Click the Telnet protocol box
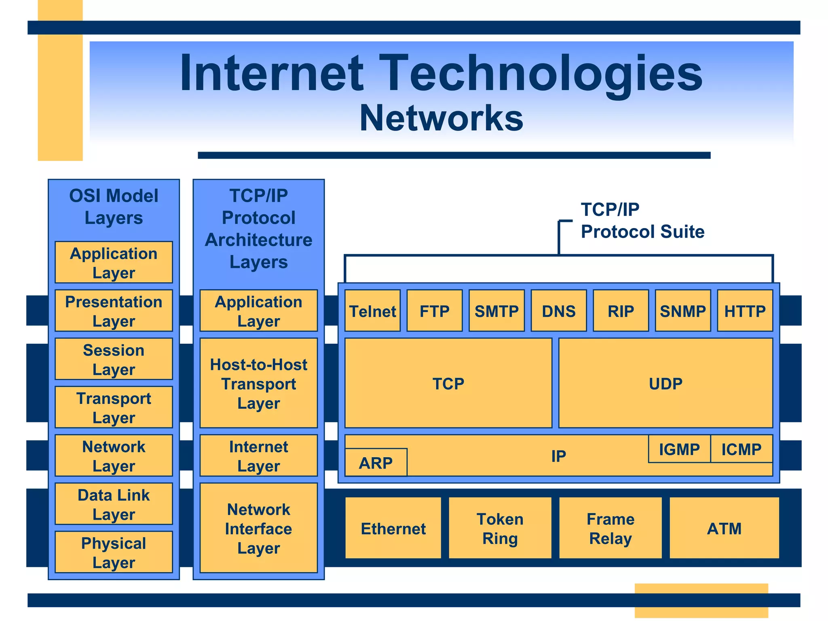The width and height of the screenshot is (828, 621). pyautogui.click(x=372, y=310)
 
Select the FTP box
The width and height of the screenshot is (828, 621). pyautogui.click(x=434, y=310)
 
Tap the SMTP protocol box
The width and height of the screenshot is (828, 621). pyautogui.click(x=496, y=310)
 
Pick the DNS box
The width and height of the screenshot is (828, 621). pyautogui.click(x=558, y=310)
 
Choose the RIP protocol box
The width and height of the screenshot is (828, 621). pyautogui.click(x=621, y=310)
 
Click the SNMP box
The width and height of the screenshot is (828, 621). pyautogui.click(x=682, y=310)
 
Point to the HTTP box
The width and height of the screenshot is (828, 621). pyautogui.click(x=745, y=310)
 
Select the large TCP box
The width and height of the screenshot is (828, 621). pyautogui.click(x=448, y=383)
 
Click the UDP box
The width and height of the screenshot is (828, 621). pyautogui.click(x=665, y=383)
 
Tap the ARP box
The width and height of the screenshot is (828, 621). pyautogui.click(x=376, y=463)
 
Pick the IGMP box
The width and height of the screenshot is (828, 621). pyautogui.click(x=679, y=449)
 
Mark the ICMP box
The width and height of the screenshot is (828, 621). pyautogui.click(x=741, y=449)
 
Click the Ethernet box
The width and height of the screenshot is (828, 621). pyautogui.click(x=393, y=528)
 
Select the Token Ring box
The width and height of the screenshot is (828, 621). pyautogui.click(x=500, y=528)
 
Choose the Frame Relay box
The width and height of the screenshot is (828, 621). pyautogui.click(x=610, y=528)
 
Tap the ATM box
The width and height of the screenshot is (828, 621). pyautogui.click(x=724, y=528)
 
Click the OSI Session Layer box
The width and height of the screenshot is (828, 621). pyautogui.click(x=114, y=359)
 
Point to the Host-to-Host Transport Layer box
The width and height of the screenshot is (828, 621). pyautogui.click(x=258, y=383)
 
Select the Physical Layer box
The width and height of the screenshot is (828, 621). pyautogui.click(x=114, y=552)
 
